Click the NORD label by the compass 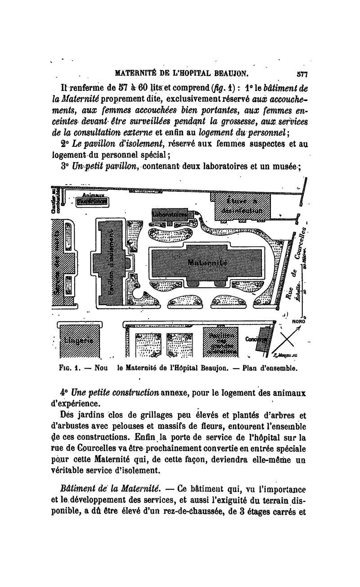tap(299, 321)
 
